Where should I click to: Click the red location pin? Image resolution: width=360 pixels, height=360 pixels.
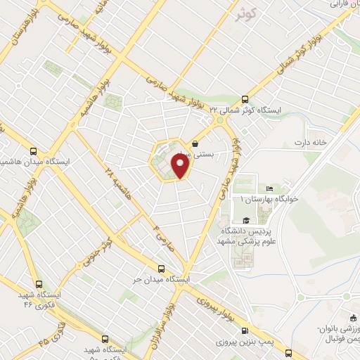(x=181, y=166)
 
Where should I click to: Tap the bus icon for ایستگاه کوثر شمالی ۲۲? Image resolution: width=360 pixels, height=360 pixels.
(x=245, y=99)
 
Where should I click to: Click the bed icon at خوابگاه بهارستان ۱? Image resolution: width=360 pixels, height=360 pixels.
(x=269, y=188)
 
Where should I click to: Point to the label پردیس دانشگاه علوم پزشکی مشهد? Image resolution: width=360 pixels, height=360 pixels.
(x=254, y=236)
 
